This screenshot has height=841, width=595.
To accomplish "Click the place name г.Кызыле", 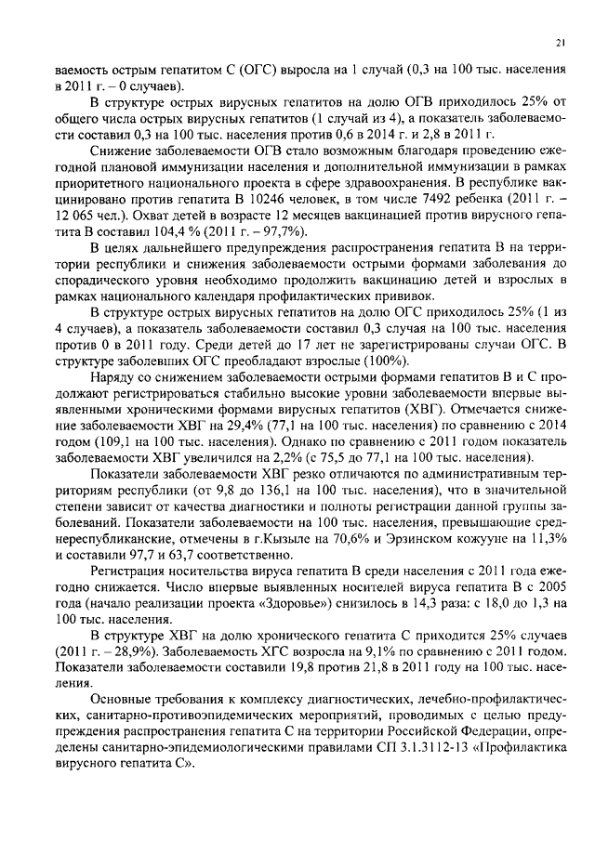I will click(x=290, y=540).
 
